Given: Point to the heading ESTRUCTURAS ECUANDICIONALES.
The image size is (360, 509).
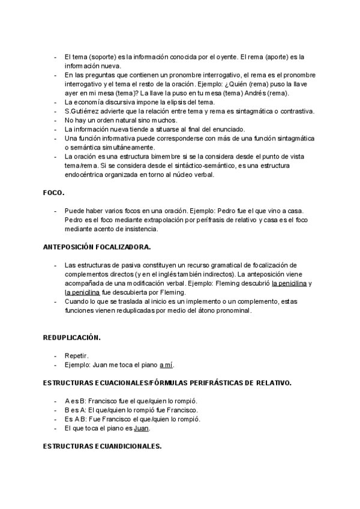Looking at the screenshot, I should (x=102, y=447).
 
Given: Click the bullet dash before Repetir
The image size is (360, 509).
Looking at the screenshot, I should (x=56, y=355).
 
